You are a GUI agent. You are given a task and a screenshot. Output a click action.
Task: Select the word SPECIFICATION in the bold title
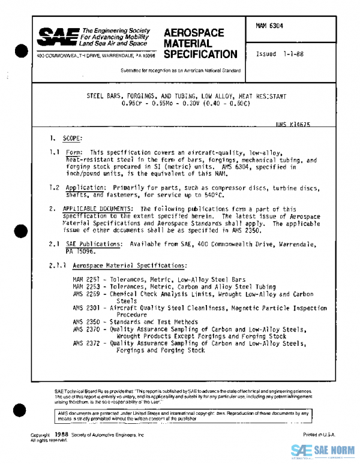[x=200, y=55]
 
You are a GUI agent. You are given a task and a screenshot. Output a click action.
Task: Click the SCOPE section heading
[x=71, y=138]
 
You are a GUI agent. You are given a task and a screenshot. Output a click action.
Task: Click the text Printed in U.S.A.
[x=319, y=434]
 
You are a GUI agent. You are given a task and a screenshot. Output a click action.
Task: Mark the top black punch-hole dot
[x=21, y=51]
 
